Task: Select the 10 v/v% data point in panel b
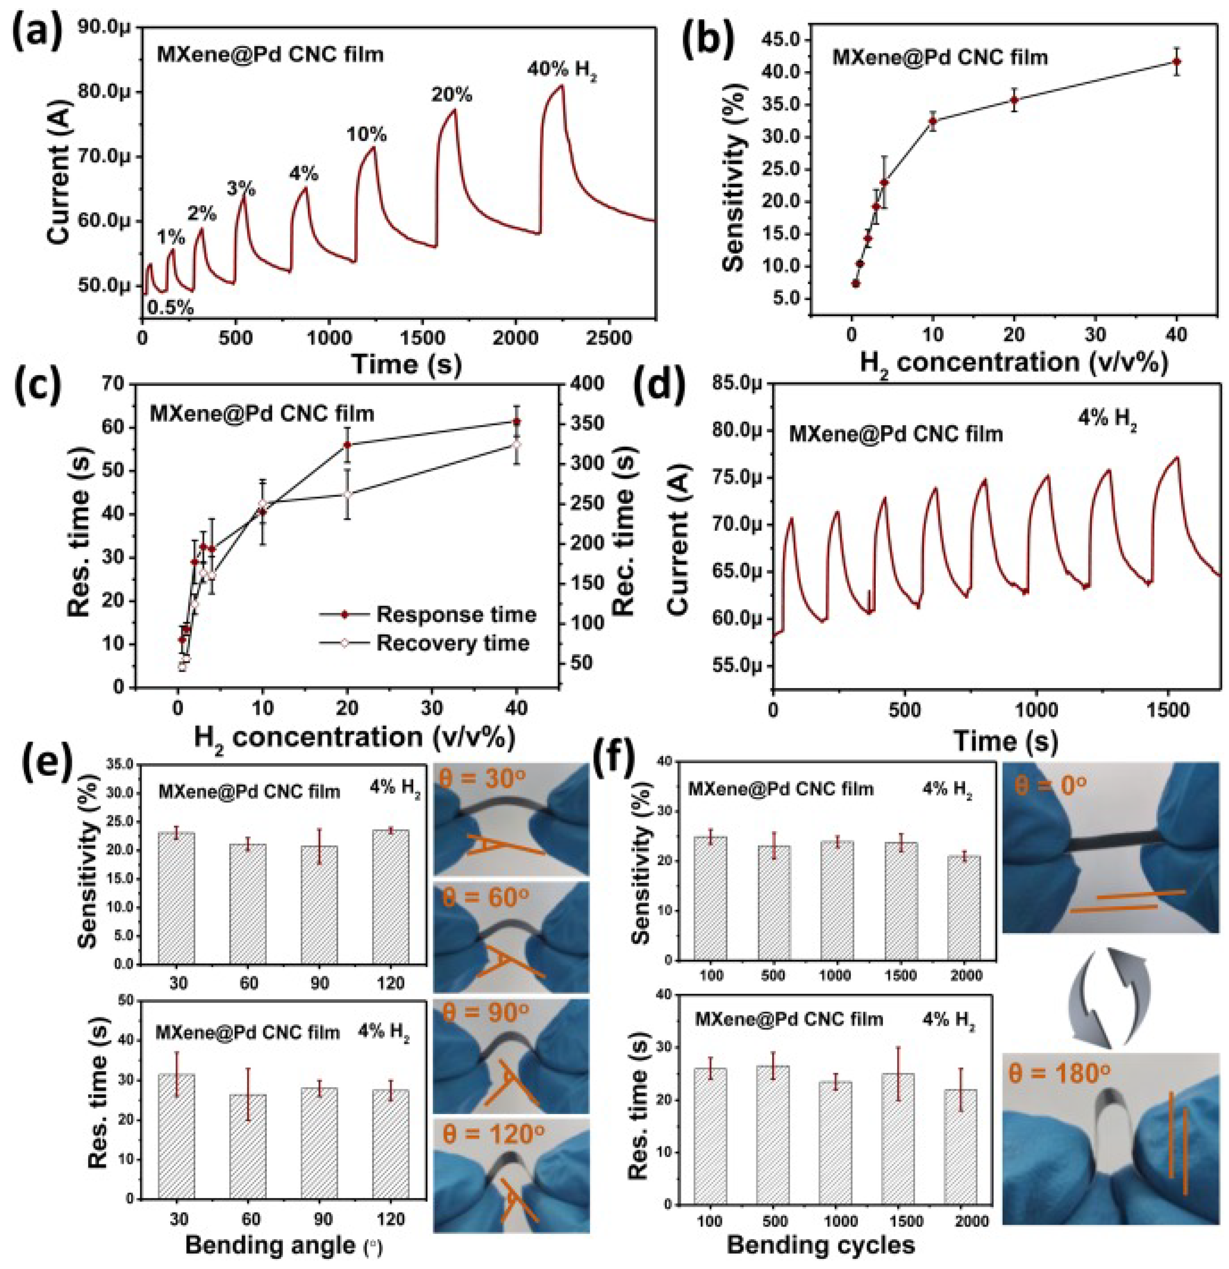(x=933, y=121)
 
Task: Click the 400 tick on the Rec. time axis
(x=586, y=384)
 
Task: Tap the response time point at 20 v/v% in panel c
(x=348, y=445)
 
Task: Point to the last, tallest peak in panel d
(x=1176, y=458)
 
